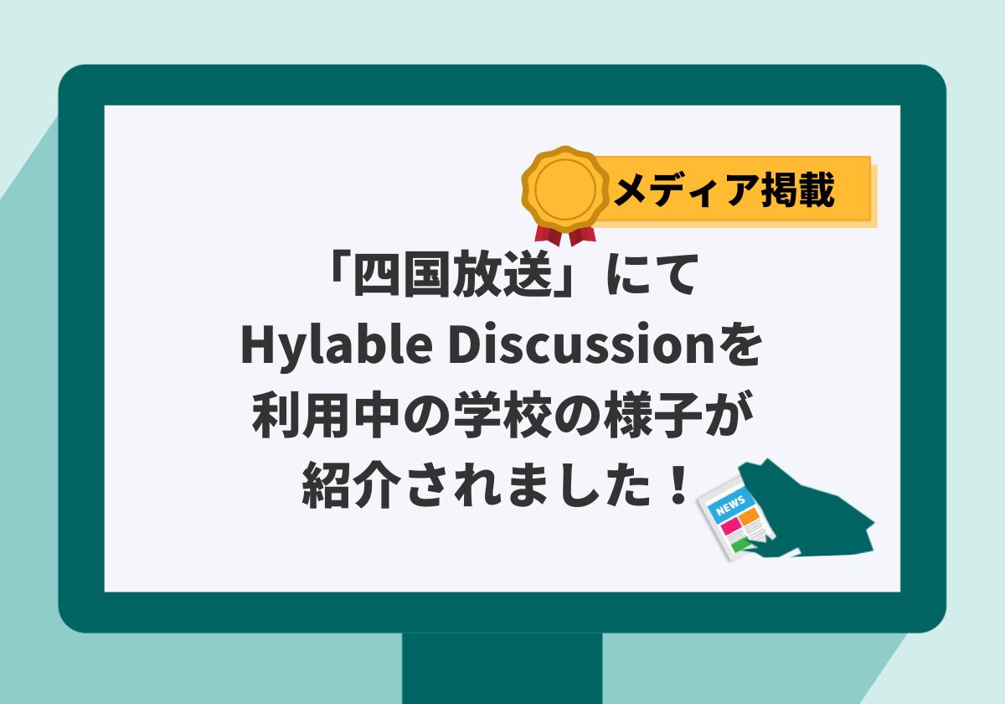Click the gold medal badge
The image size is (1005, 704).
point(565,189)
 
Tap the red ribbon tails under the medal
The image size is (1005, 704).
point(565,235)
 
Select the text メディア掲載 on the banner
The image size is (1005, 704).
point(724,190)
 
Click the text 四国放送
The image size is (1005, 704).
point(453,274)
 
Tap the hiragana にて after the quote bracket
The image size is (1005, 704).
point(652,274)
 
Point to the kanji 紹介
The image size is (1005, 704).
point(351,486)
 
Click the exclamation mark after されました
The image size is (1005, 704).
point(676,484)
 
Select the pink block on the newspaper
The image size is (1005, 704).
point(729,525)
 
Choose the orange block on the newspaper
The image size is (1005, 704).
point(748,518)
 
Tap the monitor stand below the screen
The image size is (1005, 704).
point(502,669)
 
